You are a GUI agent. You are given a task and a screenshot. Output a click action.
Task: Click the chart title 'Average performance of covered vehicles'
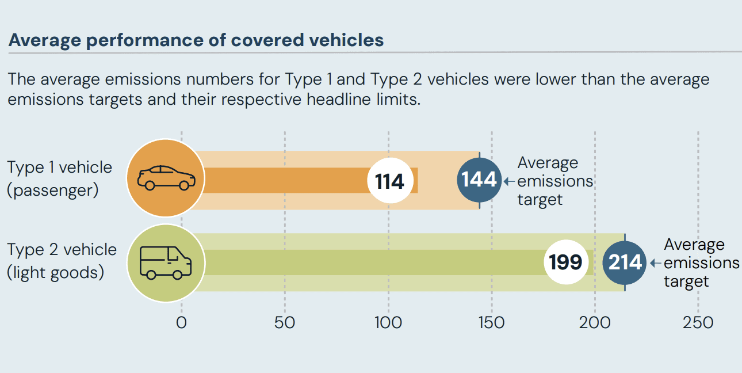[x=196, y=40]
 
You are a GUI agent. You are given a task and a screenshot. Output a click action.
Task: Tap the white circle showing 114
[x=389, y=181]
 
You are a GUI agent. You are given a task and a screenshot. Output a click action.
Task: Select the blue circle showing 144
[x=479, y=180]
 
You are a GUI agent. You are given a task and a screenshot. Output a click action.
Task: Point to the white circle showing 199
[x=566, y=262]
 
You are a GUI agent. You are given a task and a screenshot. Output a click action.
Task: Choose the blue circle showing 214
[x=625, y=262]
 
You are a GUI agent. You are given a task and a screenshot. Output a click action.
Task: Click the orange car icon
[x=166, y=178]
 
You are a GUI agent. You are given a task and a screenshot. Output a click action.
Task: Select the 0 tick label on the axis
[x=181, y=322]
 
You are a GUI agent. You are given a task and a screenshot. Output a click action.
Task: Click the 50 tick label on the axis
[x=285, y=322]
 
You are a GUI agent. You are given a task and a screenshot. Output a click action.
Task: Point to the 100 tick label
[x=388, y=322]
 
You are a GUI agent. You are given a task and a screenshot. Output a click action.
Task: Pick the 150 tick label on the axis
[x=491, y=322]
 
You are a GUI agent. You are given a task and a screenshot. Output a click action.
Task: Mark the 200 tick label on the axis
[x=595, y=322]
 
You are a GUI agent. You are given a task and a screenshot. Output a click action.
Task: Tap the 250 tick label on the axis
[x=698, y=322]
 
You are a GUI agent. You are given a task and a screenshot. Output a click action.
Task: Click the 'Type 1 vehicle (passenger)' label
[x=60, y=178]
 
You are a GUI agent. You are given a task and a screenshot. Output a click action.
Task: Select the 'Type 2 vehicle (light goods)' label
[x=62, y=261]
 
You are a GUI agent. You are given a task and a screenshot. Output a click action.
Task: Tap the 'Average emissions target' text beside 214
[x=701, y=262]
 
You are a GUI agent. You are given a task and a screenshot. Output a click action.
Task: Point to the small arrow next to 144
[x=510, y=181]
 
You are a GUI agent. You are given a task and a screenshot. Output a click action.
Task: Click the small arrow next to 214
[x=656, y=263]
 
